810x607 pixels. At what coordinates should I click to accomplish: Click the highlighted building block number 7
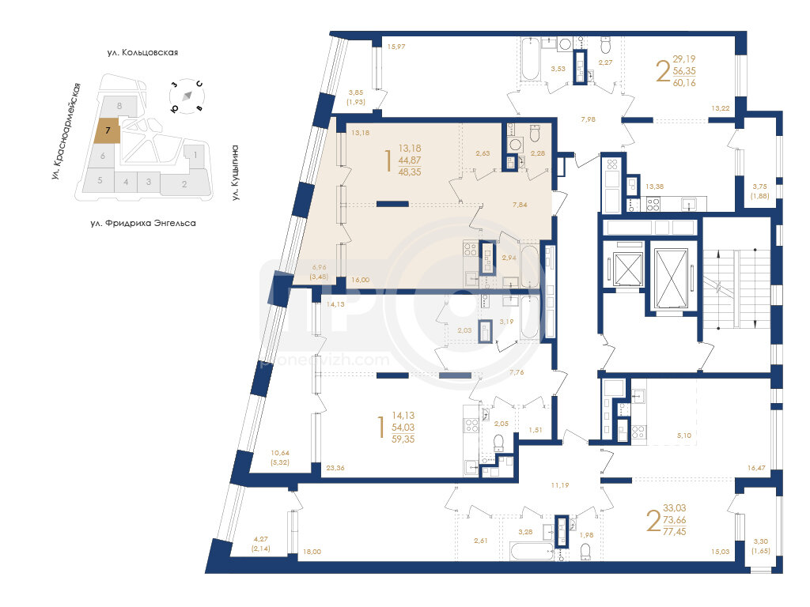pyautogui.click(x=108, y=130)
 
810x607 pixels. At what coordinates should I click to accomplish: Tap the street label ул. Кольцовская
pyautogui.click(x=142, y=53)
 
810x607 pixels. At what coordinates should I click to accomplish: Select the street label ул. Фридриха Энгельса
pyautogui.click(x=143, y=224)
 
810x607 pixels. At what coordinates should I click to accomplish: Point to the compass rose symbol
pyautogui.click(x=187, y=96)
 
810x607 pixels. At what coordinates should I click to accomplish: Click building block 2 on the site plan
pyautogui.click(x=184, y=183)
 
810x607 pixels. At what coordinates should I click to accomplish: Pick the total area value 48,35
pyautogui.click(x=410, y=172)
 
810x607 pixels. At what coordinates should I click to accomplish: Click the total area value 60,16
pyautogui.click(x=684, y=82)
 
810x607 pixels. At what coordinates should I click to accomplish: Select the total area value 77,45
pyautogui.click(x=675, y=532)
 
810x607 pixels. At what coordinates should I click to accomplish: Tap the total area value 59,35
pyautogui.click(x=403, y=439)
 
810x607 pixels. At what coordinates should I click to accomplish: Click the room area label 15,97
pyautogui.click(x=396, y=47)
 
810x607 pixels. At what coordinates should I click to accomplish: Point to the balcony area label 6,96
pyautogui.click(x=319, y=267)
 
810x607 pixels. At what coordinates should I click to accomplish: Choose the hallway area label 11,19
pyautogui.click(x=560, y=485)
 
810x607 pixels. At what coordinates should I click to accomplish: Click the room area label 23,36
pyautogui.click(x=335, y=468)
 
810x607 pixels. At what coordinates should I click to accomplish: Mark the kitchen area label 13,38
pyautogui.click(x=654, y=187)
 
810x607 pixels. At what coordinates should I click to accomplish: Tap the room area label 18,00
pyautogui.click(x=312, y=552)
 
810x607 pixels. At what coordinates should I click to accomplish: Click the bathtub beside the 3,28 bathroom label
pyautogui.click(x=532, y=551)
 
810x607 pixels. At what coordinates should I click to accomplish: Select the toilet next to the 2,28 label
pyautogui.click(x=536, y=134)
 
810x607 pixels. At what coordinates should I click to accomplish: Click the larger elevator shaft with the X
pyautogui.click(x=671, y=279)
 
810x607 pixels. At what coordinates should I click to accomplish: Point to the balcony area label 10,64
pyautogui.click(x=280, y=453)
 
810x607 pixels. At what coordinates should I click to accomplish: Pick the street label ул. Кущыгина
pyautogui.click(x=235, y=172)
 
